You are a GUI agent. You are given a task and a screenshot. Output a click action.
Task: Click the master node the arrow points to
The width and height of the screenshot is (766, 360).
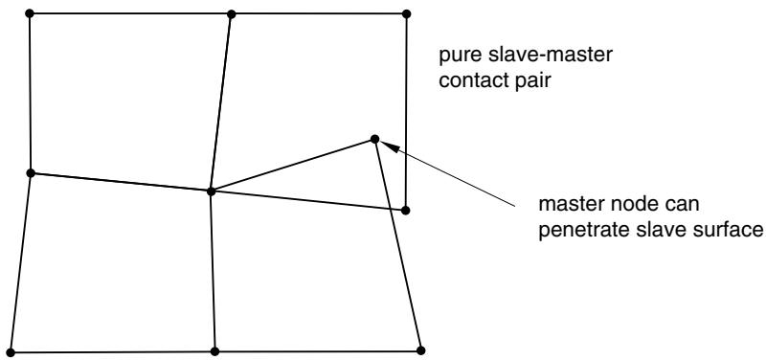tap(374, 139)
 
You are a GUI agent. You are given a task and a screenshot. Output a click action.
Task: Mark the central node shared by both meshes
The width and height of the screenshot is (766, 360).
tap(211, 191)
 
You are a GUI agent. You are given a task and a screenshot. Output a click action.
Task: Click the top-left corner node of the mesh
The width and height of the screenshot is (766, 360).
tap(30, 13)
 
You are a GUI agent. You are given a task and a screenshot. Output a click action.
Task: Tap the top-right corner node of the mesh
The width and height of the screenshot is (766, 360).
tap(406, 13)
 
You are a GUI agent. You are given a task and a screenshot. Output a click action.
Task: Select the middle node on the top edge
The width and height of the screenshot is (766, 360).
tap(232, 14)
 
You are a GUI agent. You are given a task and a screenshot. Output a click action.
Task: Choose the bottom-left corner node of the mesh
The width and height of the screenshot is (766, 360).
tap(11, 352)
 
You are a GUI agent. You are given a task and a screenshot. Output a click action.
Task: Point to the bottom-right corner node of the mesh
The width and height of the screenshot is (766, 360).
tap(421, 350)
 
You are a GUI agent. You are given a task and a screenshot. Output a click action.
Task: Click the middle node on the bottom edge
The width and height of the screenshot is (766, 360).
tap(214, 351)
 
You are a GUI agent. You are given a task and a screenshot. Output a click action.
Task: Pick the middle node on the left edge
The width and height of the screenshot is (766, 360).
tap(31, 173)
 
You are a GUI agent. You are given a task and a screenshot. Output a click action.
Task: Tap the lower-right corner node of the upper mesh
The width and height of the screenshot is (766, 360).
tap(405, 210)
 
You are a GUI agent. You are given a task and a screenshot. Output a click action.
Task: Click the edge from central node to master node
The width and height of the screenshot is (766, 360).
tap(293, 165)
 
